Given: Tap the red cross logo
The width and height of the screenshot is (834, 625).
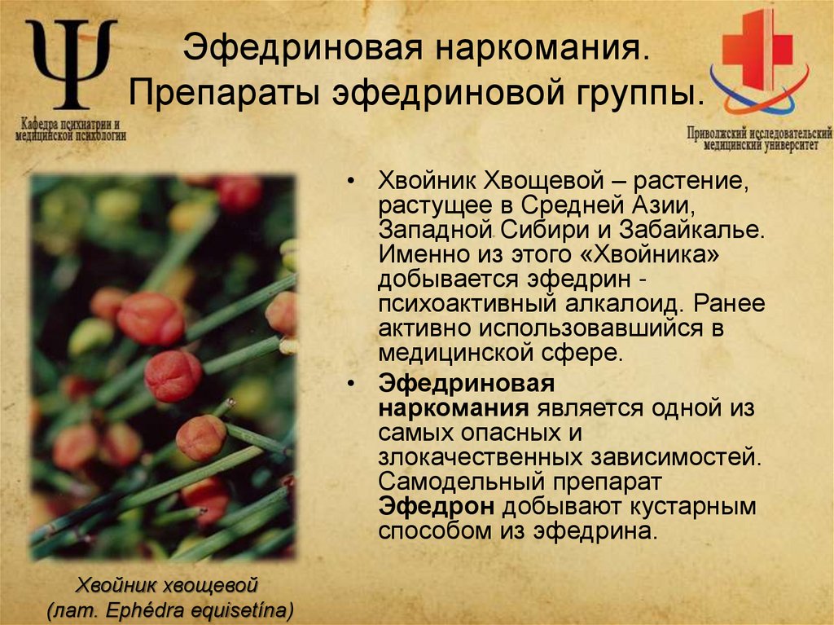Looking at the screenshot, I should (757, 53).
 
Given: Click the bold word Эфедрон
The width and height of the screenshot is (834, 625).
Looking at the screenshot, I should (436, 506).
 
